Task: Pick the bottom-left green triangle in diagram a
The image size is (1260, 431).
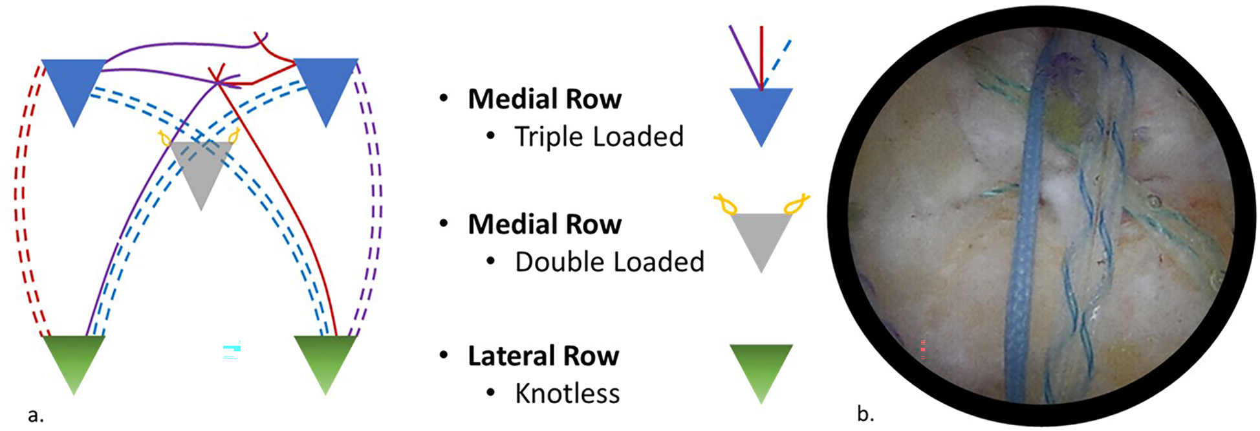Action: coord(74,359)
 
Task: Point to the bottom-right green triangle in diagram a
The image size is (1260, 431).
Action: coord(325,359)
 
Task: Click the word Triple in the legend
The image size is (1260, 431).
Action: coord(549,137)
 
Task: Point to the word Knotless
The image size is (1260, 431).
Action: coord(567,393)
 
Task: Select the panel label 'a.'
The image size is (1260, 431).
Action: coord(36,414)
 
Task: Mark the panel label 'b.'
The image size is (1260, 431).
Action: coord(865,413)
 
